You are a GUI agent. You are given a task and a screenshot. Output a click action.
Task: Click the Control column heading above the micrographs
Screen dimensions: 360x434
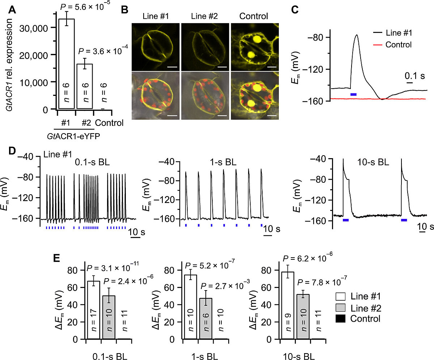[254, 16]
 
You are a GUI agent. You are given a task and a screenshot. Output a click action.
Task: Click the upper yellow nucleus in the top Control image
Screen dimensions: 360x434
[258, 39]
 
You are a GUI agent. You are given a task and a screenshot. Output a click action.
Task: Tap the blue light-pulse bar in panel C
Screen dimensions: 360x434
[353, 94]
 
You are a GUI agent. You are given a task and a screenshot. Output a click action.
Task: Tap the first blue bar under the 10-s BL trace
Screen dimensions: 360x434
[345, 220]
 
